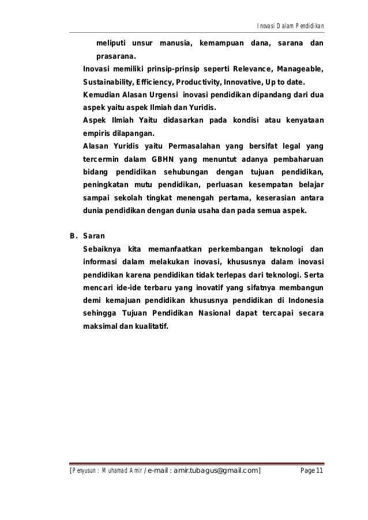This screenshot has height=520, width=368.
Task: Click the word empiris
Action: tap(96, 132)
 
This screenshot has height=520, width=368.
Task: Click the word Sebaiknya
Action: tap(102, 249)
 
